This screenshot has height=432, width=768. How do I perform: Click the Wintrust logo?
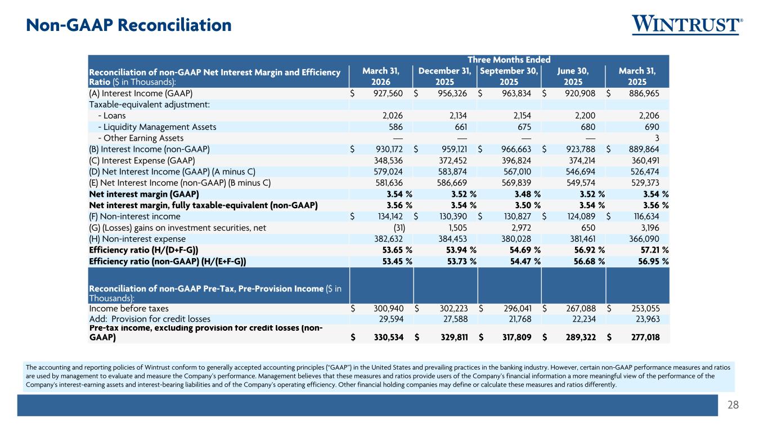[688, 25]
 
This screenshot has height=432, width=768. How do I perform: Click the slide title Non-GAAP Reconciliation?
[129, 25]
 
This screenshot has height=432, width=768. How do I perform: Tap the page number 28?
[733, 405]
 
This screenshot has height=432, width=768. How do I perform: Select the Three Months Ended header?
[509, 60]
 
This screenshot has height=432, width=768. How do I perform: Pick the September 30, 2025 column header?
[509, 76]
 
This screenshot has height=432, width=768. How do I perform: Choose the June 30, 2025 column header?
[573, 76]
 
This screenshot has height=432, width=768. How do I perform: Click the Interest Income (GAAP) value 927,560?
[388, 93]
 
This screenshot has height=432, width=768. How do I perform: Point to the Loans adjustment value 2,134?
[458, 115]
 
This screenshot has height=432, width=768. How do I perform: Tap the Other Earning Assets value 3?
[657, 138]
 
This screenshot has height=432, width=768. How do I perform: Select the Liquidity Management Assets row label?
[158, 127]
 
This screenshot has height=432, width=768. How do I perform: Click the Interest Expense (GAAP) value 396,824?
[517, 160]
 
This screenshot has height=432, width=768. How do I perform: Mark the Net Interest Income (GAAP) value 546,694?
[581, 172]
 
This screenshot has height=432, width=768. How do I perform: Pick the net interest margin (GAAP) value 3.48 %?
[527, 194]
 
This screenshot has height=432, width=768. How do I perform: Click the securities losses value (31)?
[399, 228]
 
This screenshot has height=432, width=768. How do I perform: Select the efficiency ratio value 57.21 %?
[654, 250]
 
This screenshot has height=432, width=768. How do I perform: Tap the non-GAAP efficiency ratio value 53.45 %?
[397, 261]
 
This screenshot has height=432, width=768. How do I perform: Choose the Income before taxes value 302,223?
[453, 308]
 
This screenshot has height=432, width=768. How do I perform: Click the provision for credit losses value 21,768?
[520, 319]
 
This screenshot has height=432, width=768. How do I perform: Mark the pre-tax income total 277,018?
[645, 337]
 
